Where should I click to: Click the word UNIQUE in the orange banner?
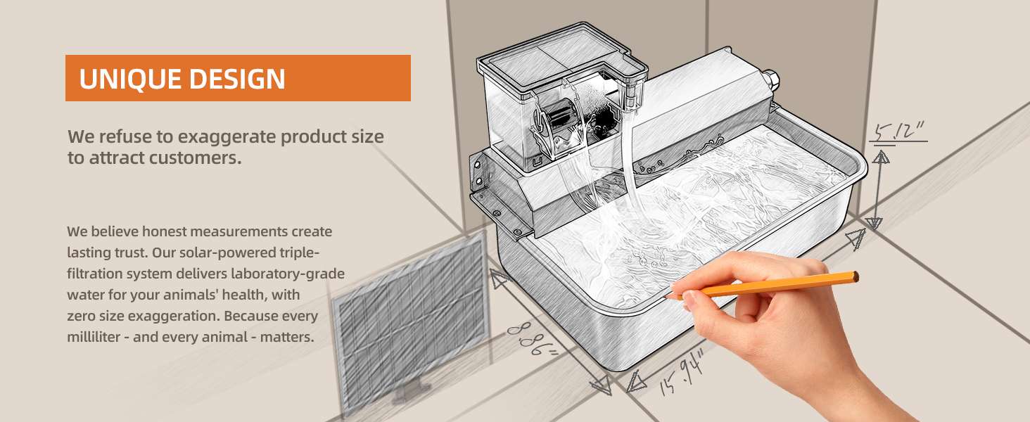pos(130,79)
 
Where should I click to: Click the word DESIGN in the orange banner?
pos(237,79)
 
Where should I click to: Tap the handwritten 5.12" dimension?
pos(897,132)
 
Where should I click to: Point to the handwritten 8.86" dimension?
pos(532,339)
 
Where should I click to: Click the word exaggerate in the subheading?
pos(227,137)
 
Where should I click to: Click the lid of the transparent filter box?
pos(562,59)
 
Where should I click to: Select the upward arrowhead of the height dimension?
pos(881,158)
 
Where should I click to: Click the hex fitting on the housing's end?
pos(770,80)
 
